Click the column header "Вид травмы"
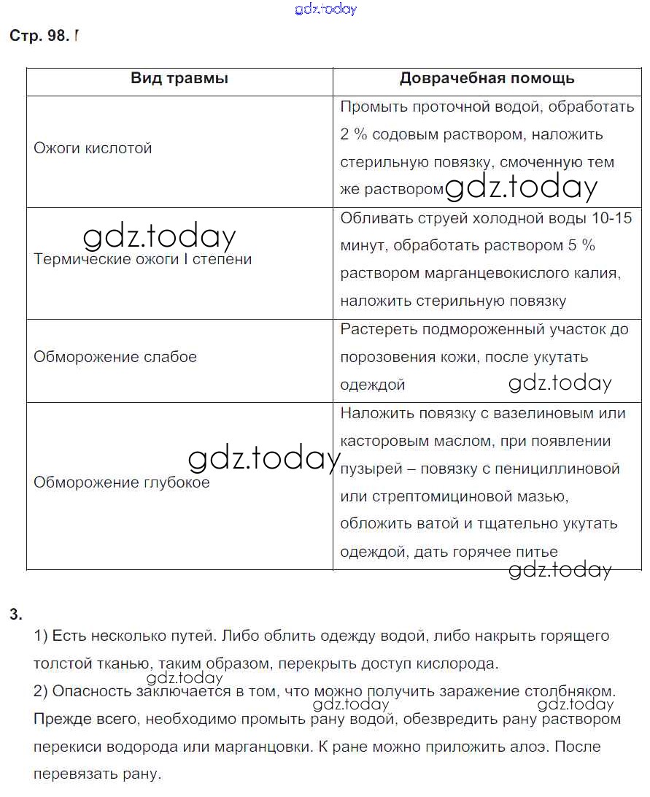[x=179, y=79]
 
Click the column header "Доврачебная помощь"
[x=487, y=79]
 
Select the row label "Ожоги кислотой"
[x=93, y=148]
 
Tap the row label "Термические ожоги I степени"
[x=143, y=259]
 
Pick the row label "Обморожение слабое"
[x=115, y=358]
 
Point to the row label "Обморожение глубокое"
[x=122, y=482]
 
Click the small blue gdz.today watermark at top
[x=325, y=9]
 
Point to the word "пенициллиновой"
[x=561, y=469]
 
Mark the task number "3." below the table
[x=16, y=614]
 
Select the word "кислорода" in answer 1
[x=461, y=664]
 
